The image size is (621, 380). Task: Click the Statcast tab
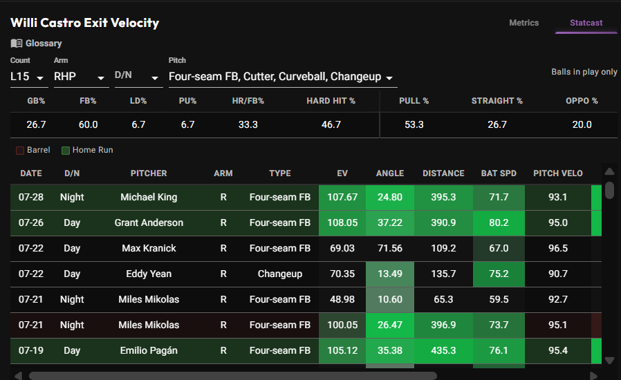586,23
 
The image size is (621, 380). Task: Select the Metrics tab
523,23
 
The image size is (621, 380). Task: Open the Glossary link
36,43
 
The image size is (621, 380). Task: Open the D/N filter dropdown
138,77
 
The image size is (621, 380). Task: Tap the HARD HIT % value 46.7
331,124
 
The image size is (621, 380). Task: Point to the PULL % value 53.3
414,124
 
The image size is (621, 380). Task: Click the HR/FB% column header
248,101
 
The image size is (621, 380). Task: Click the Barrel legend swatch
20,151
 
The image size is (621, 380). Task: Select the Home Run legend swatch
66,151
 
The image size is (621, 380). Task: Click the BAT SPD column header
499,173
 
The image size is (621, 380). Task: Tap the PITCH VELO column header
557,173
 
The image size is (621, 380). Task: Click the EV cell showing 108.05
342,223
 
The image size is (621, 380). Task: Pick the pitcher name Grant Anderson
149,223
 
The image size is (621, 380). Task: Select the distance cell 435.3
443,351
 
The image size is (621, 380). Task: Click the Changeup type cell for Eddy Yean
280,274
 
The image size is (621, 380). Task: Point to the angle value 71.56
390,248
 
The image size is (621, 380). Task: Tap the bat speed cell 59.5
499,300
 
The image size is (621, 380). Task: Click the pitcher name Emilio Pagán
149,351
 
